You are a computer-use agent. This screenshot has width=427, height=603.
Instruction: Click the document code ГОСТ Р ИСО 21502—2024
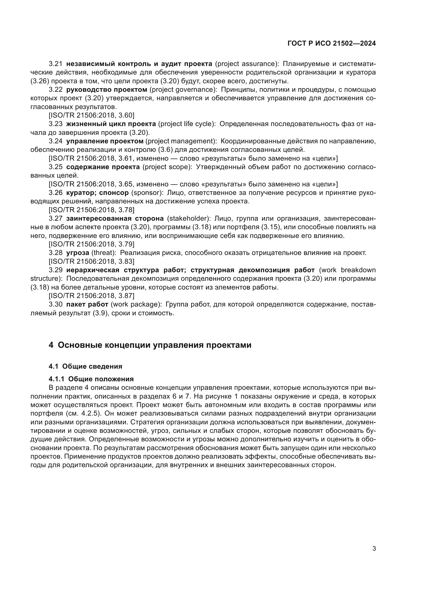(x=331, y=44)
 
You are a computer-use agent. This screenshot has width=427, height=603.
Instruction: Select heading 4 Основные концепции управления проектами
(x=150, y=345)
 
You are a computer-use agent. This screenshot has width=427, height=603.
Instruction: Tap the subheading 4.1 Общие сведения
(x=85, y=366)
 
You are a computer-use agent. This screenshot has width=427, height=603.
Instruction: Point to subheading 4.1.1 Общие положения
(x=91, y=379)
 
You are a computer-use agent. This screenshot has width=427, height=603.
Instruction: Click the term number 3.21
(x=56, y=64)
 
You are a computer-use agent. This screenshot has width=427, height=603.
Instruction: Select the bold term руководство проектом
(x=107, y=89)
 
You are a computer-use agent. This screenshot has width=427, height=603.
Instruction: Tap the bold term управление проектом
(x=105, y=141)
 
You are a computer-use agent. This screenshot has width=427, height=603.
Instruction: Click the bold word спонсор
(x=114, y=193)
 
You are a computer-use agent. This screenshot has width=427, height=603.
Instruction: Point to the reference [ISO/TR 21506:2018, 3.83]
(x=91, y=261)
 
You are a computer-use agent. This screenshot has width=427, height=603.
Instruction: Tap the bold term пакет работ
(x=87, y=304)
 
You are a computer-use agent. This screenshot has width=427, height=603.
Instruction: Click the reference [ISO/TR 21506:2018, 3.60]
(x=91, y=115)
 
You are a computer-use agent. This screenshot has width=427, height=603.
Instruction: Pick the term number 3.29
(x=56, y=270)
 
